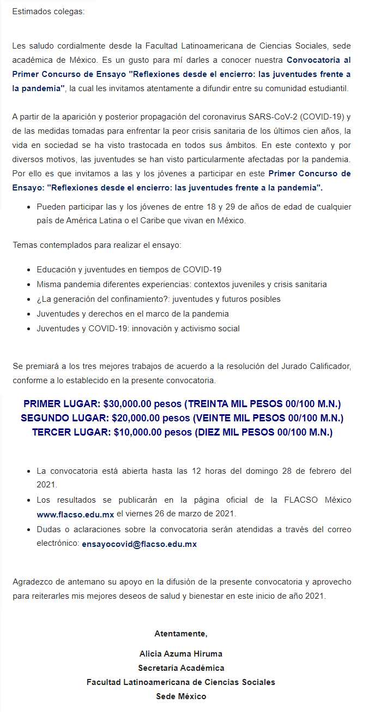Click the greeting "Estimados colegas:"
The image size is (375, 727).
tap(48, 11)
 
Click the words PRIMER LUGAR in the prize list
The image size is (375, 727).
tap(61, 404)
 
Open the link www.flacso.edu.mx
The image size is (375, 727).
tap(75, 515)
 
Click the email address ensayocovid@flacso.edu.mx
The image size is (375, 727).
tap(139, 544)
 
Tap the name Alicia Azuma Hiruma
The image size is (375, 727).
tap(181, 653)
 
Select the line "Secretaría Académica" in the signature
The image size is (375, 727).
tap(181, 668)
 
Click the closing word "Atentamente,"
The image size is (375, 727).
tap(181, 634)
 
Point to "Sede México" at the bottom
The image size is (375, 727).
tap(181, 696)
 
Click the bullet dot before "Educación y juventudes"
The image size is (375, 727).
tap(29, 270)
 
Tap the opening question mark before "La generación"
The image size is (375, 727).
tap(39, 299)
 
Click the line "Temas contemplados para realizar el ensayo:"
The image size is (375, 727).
tap(96, 245)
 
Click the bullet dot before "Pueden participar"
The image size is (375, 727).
tap(29, 207)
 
